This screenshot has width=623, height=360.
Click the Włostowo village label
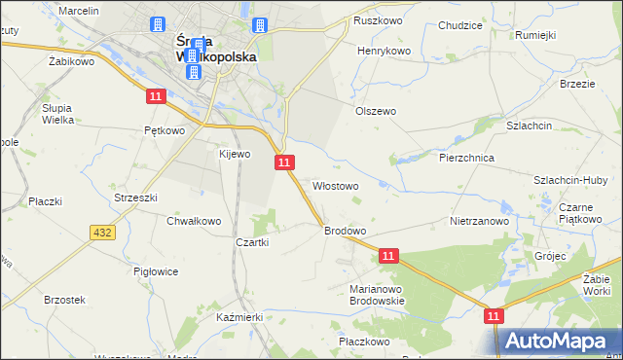pos(335,185)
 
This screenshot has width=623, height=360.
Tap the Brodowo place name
pos(345,231)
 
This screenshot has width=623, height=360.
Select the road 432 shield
pos(101,233)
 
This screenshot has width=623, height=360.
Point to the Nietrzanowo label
pos(480,221)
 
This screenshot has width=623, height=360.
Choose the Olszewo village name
pos(376,111)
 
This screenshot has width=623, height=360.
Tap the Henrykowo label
pos(385,51)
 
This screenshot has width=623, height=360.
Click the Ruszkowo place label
pos(379,20)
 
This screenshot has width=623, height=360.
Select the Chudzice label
pos(461,26)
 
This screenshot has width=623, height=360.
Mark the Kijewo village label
pos(235,154)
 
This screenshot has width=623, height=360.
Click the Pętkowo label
pos(164,129)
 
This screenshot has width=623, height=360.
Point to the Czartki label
pos(252,242)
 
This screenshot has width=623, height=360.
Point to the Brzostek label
pos(65,300)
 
